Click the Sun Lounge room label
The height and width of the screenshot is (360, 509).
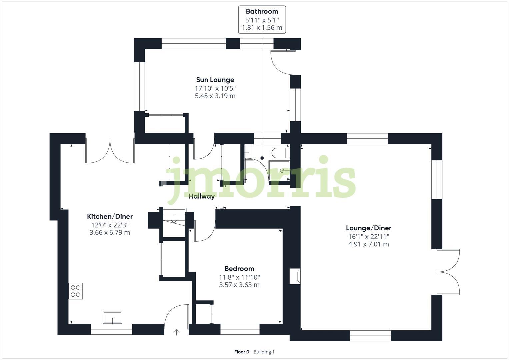[215, 80]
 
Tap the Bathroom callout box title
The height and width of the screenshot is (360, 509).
[262, 11]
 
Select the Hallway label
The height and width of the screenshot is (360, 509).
[202, 196]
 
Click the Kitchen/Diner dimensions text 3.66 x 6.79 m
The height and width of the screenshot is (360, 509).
[110, 232]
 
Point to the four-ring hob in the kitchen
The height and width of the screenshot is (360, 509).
[76, 291]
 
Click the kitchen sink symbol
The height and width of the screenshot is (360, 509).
[112, 317]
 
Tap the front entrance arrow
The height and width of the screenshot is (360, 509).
[176, 332]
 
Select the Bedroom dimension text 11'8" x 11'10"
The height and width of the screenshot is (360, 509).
[239, 277]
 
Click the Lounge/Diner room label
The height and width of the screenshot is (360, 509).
[368, 228]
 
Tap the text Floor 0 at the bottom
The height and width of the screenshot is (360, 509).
[242, 352]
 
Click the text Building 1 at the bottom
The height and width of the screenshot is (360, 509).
[264, 352]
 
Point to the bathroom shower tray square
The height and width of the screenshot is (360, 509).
[279, 171]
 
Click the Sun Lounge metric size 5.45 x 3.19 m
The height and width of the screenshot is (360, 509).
[215, 96]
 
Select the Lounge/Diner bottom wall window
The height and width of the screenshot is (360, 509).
[370, 336]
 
